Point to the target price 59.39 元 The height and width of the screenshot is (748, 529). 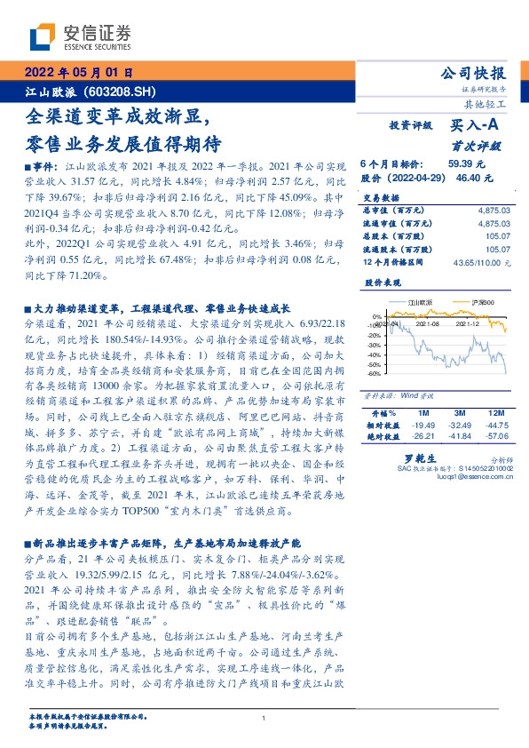pyautogui.click(x=466, y=164)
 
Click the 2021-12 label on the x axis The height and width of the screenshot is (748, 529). pyautogui.click(x=468, y=324)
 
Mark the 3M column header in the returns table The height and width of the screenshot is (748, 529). pyautogui.click(x=460, y=414)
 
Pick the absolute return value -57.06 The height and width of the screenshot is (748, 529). pyautogui.click(x=493, y=436)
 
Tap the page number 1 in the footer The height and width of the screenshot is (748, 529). pyautogui.click(x=264, y=718)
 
